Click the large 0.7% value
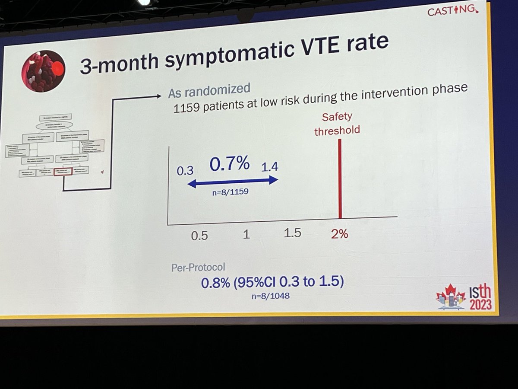(230, 164)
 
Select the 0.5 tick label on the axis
(199, 236)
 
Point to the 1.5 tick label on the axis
(292, 233)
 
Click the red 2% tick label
(340, 235)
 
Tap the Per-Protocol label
(198, 267)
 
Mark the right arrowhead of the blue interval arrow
(275, 182)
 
